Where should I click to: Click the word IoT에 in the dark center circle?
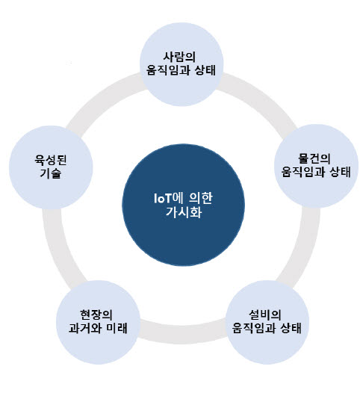[168, 198]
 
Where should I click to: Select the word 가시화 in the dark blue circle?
[184, 212]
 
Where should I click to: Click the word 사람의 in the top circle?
[179, 57]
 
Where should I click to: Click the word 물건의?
[314, 158]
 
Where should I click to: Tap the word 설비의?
[265, 315]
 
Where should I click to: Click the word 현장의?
[96, 315]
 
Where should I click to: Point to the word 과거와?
[85, 328]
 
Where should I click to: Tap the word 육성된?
[51, 160]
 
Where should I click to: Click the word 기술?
[51, 173]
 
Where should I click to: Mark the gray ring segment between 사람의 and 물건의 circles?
[261, 96]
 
